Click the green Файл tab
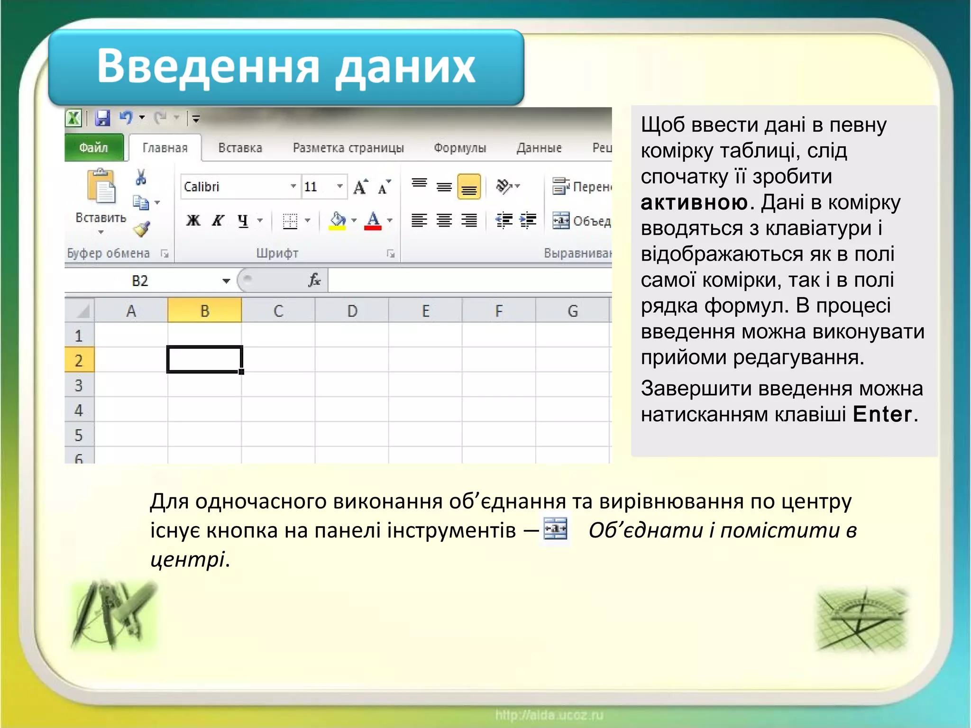point(93,148)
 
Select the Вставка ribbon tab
point(240,148)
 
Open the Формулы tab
point(460,148)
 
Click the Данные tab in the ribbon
point(539,148)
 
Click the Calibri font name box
point(235,187)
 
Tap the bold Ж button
point(193,220)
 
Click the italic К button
point(218,220)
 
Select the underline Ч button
point(243,220)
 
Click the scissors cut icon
point(141,177)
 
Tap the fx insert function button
point(314,280)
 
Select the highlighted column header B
point(205,311)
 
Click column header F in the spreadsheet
point(499,311)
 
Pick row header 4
point(79,410)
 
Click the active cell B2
point(205,359)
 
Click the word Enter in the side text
point(882,414)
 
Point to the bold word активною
point(695,203)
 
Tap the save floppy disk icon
point(102,118)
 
